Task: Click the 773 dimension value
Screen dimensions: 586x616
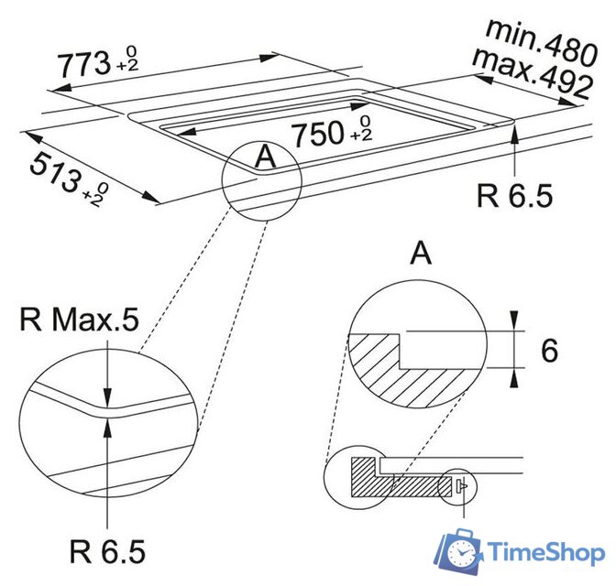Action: [x=79, y=65]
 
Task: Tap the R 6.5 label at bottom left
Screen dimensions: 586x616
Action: [x=107, y=551]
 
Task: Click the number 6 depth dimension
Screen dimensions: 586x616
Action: [x=549, y=351]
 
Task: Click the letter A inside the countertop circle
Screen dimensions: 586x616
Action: [x=264, y=157]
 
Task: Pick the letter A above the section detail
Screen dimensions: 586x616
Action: [x=421, y=254]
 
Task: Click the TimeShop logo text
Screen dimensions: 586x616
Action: [x=546, y=553]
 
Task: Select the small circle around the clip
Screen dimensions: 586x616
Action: [x=458, y=486]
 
